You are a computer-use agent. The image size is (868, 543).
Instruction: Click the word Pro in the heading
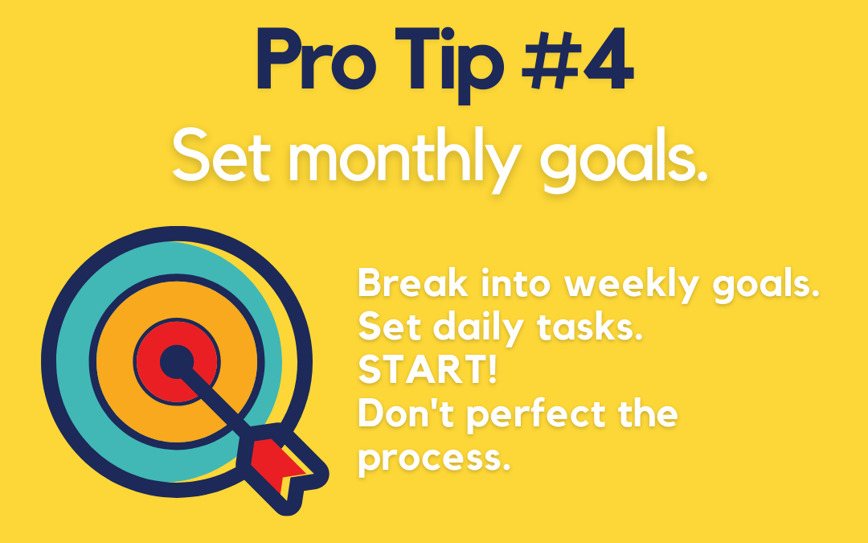click(317, 60)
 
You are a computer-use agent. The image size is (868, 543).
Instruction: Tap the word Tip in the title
click(449, 65)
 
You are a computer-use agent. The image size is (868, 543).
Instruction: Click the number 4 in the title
click(606, 60)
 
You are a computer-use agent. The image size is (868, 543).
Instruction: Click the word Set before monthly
click(222, 155)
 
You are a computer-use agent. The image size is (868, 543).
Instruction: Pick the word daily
click(477, 327)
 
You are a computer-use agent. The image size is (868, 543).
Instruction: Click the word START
click(422, 370)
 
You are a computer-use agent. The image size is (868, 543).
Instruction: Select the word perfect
click(536, 416)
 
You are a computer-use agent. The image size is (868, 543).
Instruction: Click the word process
click(433, 459)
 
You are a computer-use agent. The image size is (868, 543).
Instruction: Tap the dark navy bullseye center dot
click(177, 362)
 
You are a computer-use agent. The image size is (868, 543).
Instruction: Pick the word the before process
click(649, 413)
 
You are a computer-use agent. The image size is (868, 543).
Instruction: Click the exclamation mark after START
click(492, 370)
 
